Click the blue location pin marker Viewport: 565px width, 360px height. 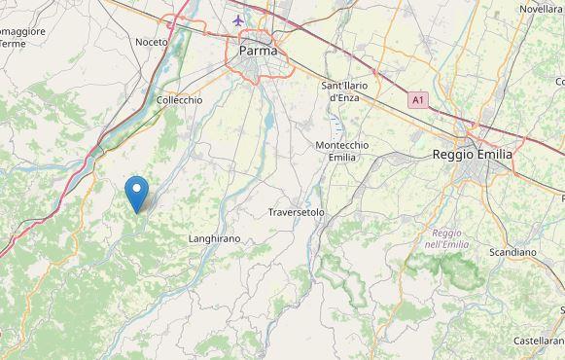pos(139,193)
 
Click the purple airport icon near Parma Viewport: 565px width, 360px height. pos(239,19)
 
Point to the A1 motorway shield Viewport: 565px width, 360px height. pos(417,99)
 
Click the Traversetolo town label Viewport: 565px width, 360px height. pos(296,211)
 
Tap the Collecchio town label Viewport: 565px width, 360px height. pos(179,99)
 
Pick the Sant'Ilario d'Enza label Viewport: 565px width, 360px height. pos(342,91)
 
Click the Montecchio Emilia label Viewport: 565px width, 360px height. pos(341,151)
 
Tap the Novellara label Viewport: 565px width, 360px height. pos(541,9)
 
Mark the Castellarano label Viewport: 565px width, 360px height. pos(539,342)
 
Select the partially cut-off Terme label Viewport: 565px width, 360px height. pos(12,44)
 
